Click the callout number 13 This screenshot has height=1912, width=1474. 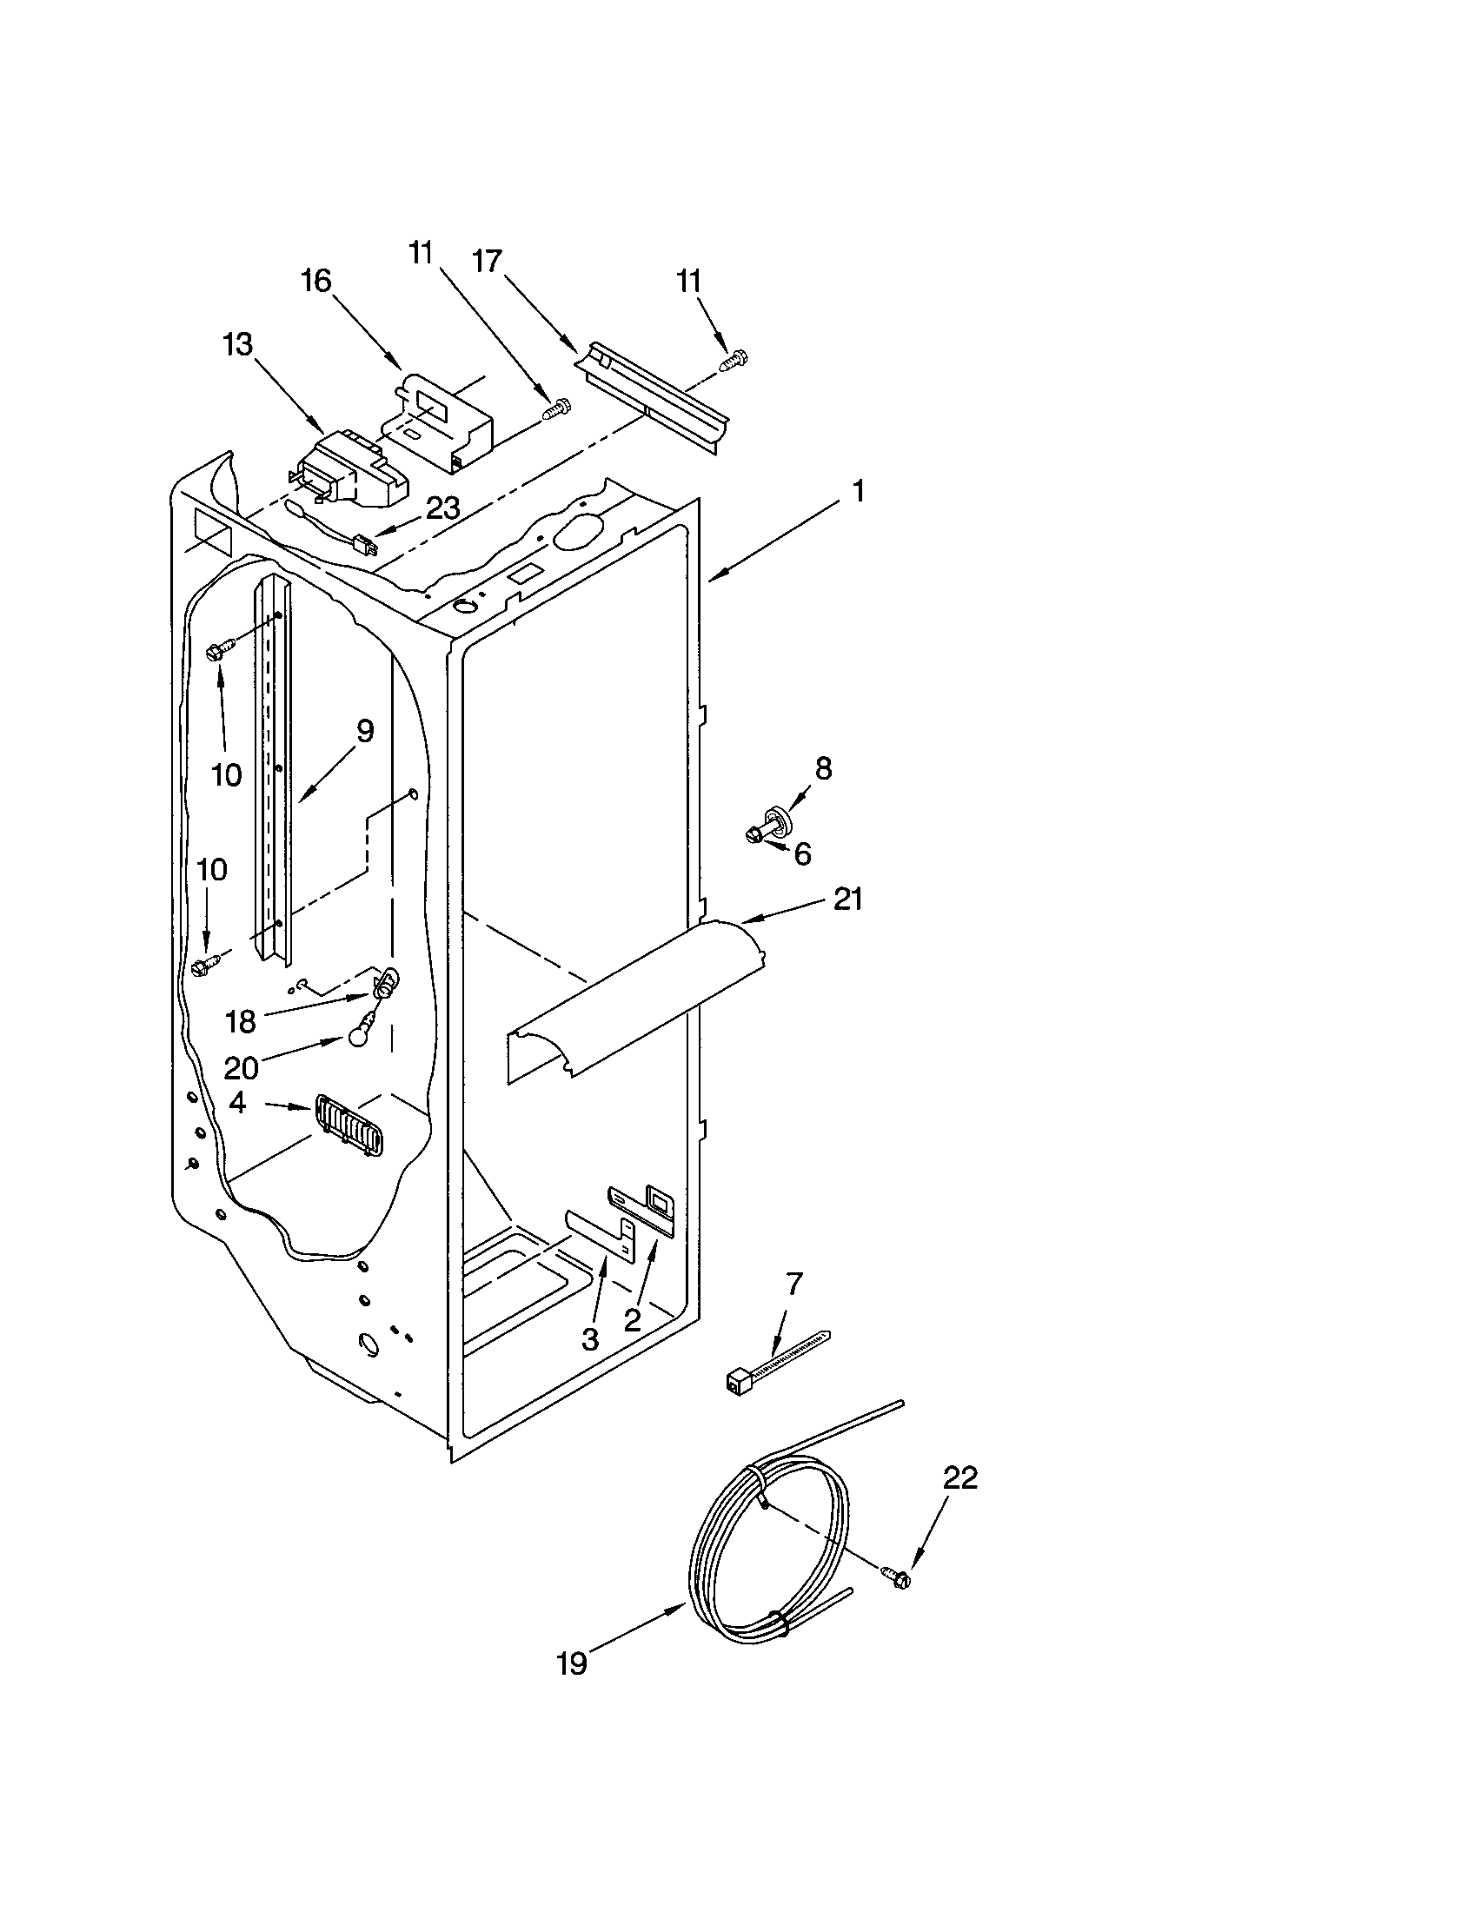tap(237, 345)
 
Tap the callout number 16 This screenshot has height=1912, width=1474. tap(317, 281)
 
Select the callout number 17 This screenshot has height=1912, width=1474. tap(488, 261)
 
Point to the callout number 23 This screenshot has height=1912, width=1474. tap(443, 508)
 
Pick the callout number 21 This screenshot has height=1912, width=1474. tap(847, 900)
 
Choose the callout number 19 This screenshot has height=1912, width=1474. tap(572, 1663)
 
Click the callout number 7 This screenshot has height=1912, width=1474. tap(793, 1285)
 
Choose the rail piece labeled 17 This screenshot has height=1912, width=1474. tap(652, 395)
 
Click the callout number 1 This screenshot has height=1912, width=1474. tap(859, 491)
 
